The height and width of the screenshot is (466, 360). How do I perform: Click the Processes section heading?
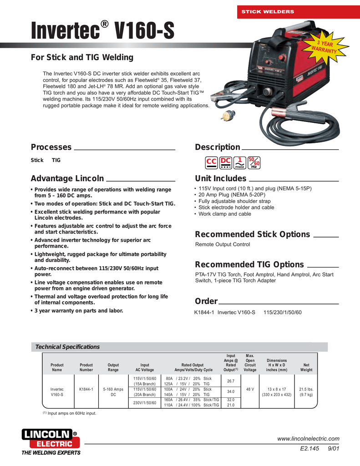(51, 147)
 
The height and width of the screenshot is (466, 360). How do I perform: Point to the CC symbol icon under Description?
(211, 162)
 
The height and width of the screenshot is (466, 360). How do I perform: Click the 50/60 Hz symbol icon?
(254, 162)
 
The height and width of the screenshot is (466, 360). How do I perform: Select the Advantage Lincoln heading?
(67, 178)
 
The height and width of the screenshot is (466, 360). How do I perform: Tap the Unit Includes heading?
(220, 178)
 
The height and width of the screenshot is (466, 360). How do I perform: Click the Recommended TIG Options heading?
(249, 264)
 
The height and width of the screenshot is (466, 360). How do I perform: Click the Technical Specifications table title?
(67, 347)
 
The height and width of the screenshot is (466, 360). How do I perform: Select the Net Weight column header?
(306, 367)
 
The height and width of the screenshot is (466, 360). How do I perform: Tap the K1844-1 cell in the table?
(86, 389)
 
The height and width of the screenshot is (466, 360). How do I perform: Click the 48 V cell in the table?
(250, 389)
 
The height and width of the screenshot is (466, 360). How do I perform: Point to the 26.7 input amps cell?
(230, 381)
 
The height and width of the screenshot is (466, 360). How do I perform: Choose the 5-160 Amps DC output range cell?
(113, 392)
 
